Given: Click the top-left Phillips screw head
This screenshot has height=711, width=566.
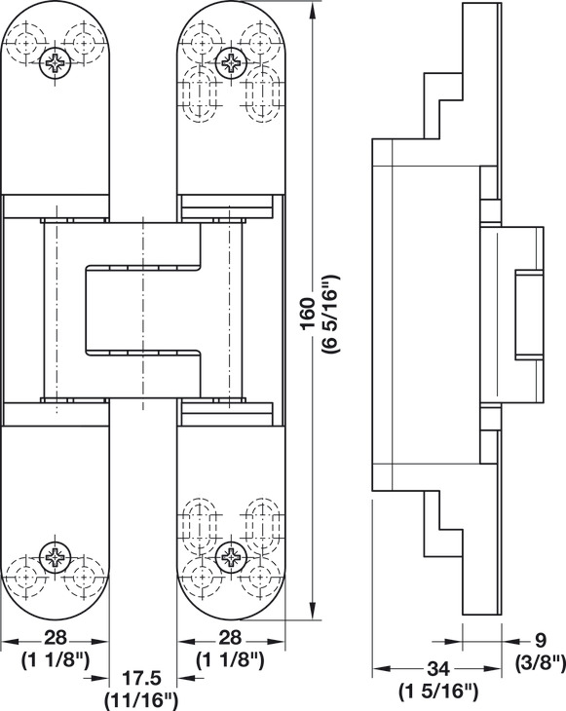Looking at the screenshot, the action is coord(56,62).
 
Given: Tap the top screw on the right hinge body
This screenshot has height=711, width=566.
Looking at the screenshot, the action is coord(231,62).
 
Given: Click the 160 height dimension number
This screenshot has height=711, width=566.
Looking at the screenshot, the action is coord(309,315).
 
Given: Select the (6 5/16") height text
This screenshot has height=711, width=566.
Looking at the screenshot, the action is coord(330,315).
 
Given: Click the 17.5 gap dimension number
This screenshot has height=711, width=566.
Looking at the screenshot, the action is coord(143,679).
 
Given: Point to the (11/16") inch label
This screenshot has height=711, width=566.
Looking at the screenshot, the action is coord(141,700).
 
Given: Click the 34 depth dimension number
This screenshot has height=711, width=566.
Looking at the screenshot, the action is coord(438,669).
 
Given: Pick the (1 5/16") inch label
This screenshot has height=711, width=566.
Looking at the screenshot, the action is coord(438,692).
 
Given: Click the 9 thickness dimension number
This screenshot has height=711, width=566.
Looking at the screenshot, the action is coord(540,640).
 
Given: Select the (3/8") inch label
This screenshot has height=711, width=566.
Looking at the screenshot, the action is coord(541,663).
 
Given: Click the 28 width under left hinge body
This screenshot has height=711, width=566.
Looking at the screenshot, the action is coord(56,638).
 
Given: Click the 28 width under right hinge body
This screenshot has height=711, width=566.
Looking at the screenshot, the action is coord(230,638).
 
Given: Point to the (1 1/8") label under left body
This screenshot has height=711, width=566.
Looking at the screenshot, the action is coord(56,660).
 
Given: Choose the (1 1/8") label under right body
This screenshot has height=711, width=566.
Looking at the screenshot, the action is coord(230,660).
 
